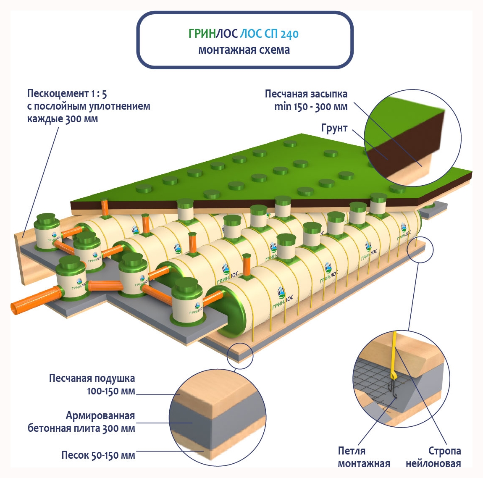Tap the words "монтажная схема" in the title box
point(244,50)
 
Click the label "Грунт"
point(334,128)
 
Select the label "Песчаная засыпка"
point(306,94)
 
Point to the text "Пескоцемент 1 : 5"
point(67,93)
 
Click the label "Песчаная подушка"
point(92,378)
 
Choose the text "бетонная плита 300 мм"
point(81,428)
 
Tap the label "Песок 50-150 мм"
point(98,455)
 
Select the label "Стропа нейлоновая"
point(433,457)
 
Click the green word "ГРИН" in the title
point(202,34)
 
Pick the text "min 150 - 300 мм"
point(311,107)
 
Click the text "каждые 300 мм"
point(62,119)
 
